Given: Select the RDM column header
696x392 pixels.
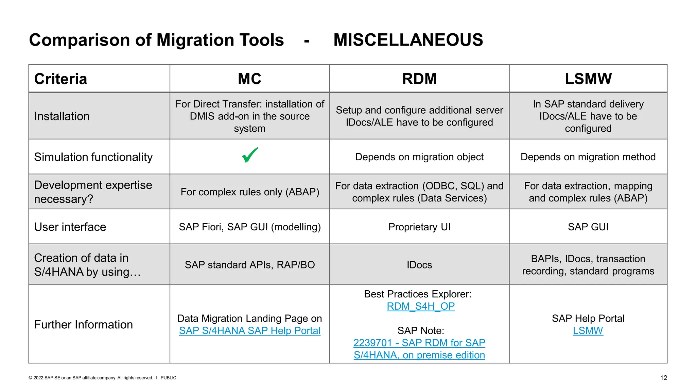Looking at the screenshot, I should tap(419, 79).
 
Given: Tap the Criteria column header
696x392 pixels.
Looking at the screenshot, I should tap(60, 79).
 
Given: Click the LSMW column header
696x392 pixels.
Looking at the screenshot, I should tap(588, 79).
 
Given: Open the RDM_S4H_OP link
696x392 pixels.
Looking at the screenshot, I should tap(420, 306).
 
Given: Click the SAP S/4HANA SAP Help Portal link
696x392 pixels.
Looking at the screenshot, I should tap(249, 331).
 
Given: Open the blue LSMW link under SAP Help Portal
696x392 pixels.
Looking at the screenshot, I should tap(588, 331).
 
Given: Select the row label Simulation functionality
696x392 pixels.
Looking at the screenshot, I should tap(93, 157).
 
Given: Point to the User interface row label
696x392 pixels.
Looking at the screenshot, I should tap(70, 227).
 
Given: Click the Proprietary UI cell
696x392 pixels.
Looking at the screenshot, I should tap(419, 227).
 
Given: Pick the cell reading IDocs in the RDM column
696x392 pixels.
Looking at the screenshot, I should tap(419, 265).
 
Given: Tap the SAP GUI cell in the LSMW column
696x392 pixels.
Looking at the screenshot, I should tap(588, 227).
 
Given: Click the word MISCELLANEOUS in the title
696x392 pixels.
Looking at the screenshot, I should tap(408, 40).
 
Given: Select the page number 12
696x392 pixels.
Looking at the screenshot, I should tap(663, 378).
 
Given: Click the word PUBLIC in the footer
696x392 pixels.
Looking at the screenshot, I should tap(168, 378).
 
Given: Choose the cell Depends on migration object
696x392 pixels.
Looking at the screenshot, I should tap(419, 157).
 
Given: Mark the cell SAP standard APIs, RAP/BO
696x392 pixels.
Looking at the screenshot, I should tap(249, 265).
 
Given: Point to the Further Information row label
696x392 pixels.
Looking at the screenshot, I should tap(83, 325).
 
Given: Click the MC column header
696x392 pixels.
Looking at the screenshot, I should tap(249, 79).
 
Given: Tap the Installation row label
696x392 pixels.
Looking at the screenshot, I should tap(62, 116).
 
